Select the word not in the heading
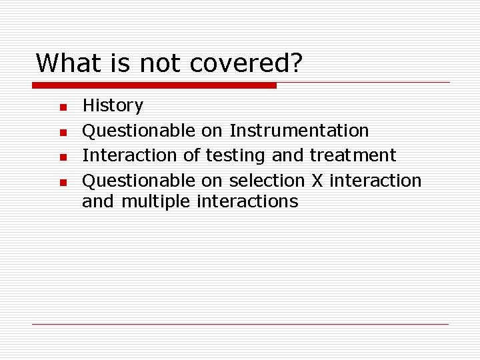161,63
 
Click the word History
113,106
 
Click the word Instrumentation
299,131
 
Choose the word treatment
353,156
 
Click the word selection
267,181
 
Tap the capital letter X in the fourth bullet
317,181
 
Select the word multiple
157,202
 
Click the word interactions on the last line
247,201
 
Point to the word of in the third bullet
191,155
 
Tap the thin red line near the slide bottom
240,324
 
